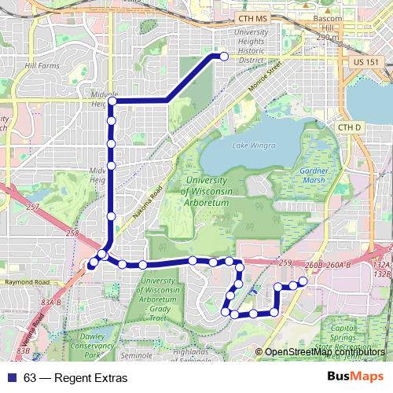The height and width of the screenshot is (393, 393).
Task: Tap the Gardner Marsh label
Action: pos(318,176)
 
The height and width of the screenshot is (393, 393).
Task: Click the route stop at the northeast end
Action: pos(223,56)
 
